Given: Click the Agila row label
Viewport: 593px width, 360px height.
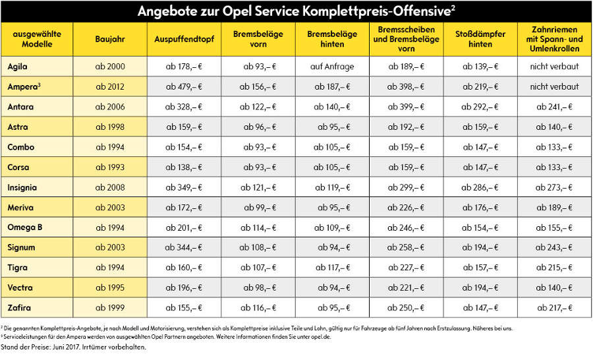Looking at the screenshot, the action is (17, 67).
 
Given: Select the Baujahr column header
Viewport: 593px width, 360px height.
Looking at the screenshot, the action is (110, 39).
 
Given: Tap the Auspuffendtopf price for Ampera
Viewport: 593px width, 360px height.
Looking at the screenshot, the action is (184, 86).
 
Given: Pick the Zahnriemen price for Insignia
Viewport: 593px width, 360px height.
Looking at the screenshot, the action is (554, 187).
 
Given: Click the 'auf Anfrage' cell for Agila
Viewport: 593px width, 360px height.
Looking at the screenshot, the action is (332, 67).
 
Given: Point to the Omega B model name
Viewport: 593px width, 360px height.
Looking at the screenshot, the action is (25, 227).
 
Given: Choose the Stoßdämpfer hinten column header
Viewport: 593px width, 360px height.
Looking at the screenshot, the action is (480, 39).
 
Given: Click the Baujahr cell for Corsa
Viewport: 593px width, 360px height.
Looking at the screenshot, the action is (110, 167).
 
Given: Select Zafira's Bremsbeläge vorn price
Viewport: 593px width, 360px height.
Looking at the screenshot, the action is (258, 308).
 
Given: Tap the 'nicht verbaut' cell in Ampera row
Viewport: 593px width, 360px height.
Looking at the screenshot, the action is (554, 86).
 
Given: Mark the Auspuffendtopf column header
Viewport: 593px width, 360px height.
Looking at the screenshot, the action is (184, 39).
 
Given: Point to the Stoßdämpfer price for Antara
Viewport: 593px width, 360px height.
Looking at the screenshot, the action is (480, 107).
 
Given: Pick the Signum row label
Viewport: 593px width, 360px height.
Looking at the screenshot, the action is (21, 248).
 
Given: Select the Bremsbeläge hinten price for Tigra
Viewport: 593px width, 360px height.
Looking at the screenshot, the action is (333, 268).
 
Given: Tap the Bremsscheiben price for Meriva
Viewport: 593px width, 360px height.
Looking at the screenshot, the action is (406, 208).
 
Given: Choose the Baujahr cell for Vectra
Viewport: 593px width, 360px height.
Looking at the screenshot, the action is (110, 287).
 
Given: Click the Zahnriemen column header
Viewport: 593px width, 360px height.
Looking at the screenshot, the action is (554, 39).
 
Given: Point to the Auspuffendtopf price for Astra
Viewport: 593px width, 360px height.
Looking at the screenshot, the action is (184, 127).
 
